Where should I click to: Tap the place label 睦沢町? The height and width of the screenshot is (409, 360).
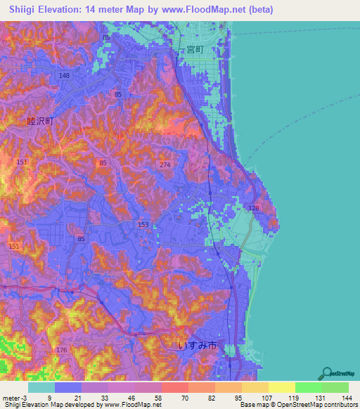40,121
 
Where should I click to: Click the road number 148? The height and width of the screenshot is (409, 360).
65,76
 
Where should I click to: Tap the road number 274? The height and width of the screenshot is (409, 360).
165,164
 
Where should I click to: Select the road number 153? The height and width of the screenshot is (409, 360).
143,224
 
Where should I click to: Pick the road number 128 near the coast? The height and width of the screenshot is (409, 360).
254,209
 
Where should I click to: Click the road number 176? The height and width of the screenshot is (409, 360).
61,350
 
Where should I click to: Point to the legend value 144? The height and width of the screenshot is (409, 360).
345,397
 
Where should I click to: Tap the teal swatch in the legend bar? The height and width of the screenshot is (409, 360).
41,387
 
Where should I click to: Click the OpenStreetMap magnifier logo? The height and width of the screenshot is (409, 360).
326,373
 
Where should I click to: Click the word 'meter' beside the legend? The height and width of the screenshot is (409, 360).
11,397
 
